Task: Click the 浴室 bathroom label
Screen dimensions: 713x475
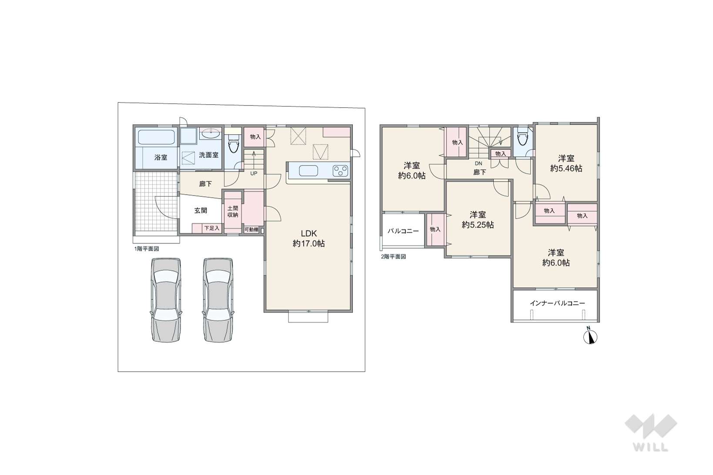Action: point(161,157)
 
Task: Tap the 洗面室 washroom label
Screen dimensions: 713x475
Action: point(209,155)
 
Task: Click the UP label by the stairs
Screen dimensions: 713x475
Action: point(254,173)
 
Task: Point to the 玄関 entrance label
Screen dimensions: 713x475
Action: point(201,210)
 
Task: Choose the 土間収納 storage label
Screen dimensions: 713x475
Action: point(233,212)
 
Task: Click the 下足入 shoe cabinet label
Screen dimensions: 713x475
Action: point(212,228)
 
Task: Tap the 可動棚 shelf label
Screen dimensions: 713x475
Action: point(251,229)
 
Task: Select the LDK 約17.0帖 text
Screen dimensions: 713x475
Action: point(309,238)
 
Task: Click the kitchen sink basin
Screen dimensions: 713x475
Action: point(308,171)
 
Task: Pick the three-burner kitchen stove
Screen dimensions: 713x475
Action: point(341,171)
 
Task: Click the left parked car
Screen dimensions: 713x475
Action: point(166,300)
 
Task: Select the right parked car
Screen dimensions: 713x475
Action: point(218,300)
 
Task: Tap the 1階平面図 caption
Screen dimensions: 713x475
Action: point(147,249)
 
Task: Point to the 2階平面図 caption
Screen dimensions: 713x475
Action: point(393,256)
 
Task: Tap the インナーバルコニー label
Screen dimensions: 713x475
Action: point(557,303)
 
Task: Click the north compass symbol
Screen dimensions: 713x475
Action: point(590,336)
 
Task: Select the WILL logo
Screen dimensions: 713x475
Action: point(650,433)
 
